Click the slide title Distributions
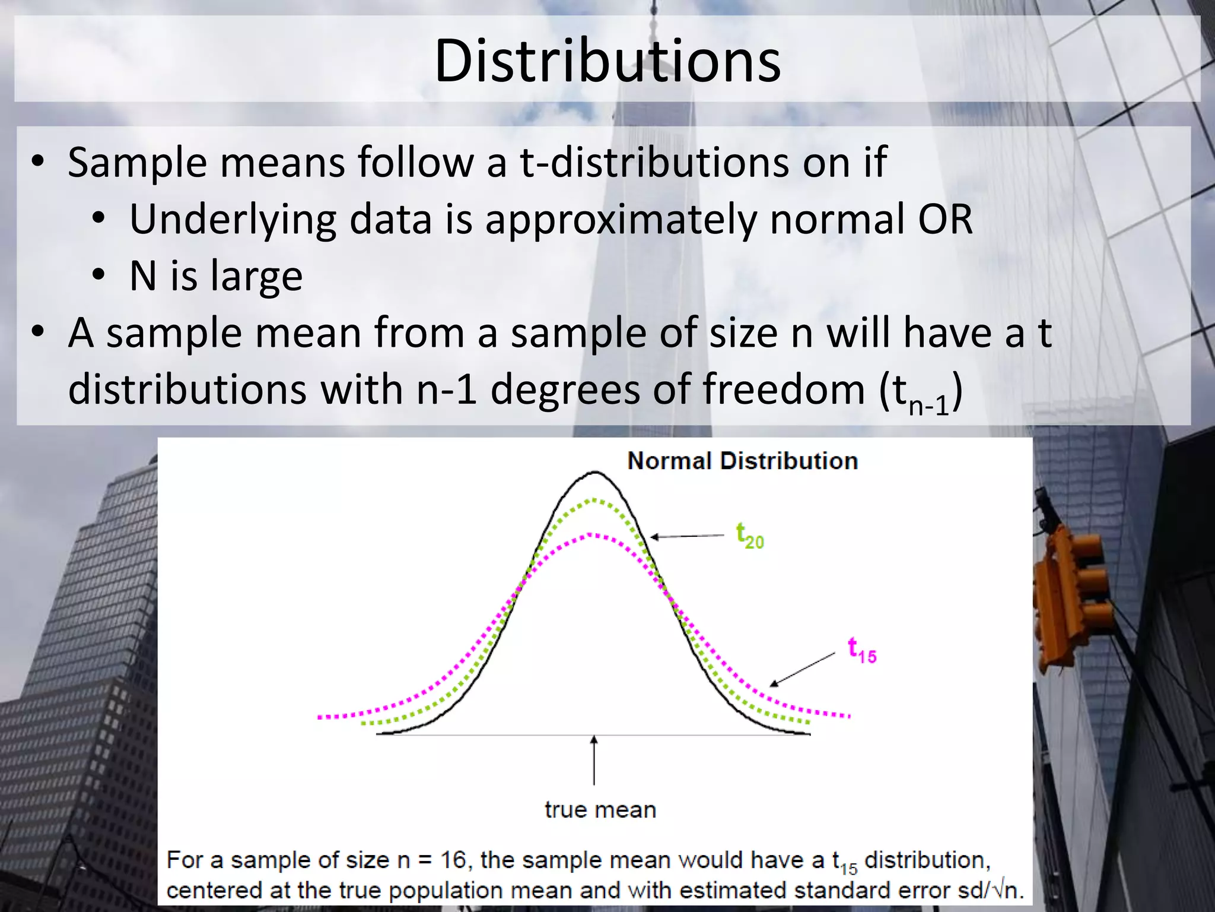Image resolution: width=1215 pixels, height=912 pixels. pos(607,61)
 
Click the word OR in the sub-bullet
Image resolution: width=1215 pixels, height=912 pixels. pos(945,219)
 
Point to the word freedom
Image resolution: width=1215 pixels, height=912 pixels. pos(784,389)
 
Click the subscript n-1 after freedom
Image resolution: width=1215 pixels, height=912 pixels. pos(928,406)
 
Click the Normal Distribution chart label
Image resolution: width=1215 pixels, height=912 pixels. pos(742,461)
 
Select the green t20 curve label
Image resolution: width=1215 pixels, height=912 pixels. pos(750,535)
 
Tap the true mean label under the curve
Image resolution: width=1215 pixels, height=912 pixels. pos(600,810)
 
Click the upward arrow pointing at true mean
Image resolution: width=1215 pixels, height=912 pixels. pos(594,760)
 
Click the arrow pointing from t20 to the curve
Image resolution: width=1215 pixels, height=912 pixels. pos(687,536)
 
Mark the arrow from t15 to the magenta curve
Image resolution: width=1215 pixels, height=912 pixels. pos(803,670)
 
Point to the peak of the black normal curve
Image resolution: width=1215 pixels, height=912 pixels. pos(594,472)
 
